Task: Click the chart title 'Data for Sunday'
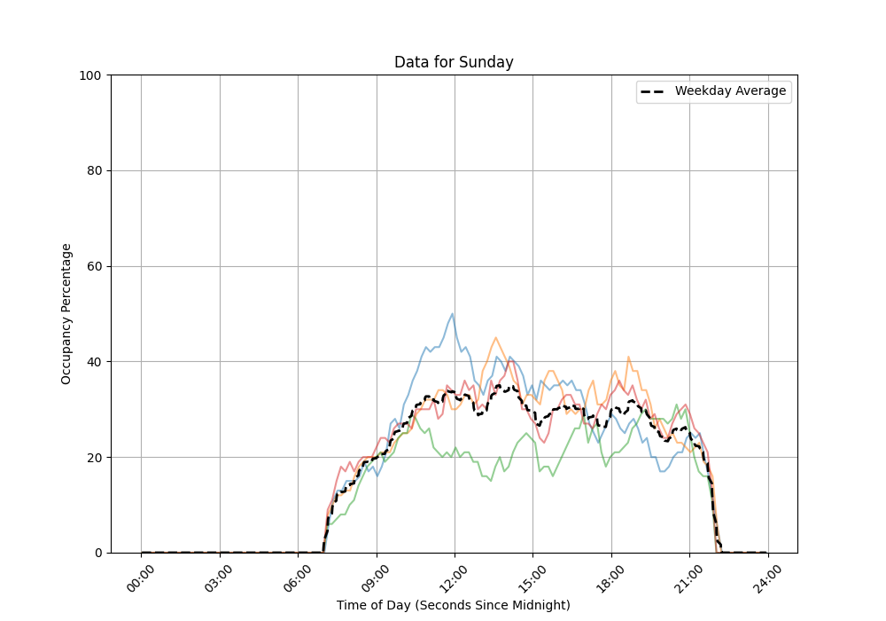point(454,62)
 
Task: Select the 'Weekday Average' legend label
point(730,91)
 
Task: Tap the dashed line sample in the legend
point(655,91)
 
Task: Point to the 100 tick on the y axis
point(89,75)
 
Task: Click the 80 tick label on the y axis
point(93,171)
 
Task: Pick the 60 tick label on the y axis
point(93,267)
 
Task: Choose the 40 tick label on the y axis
point(93,362)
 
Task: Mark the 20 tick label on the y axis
point(93,458)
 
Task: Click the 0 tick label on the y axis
point(97,553)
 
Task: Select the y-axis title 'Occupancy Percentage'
point(66,314)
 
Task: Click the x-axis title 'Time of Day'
point(454,605)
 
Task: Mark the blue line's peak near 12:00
point(453,313)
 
